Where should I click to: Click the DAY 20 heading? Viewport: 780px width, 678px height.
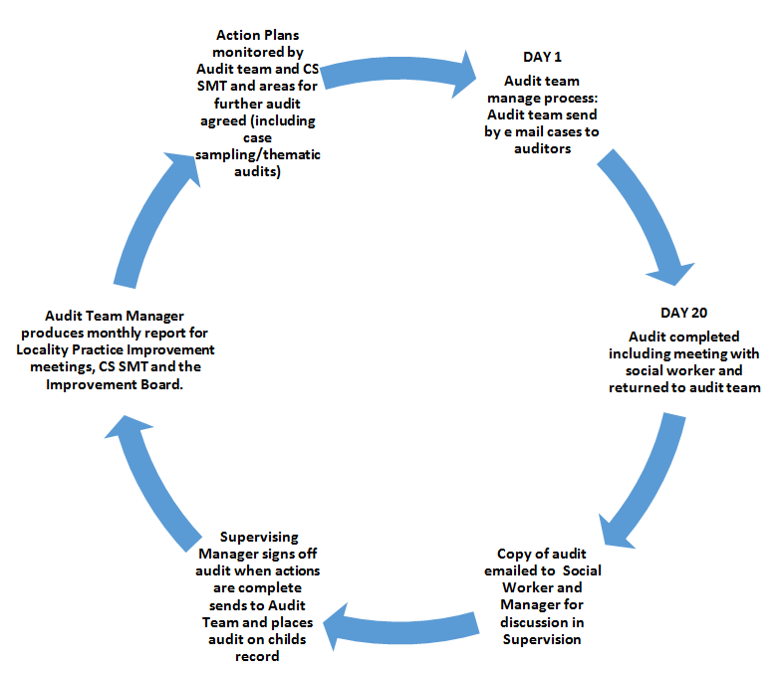(684, 313)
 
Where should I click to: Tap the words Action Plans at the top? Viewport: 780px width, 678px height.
(259, 36)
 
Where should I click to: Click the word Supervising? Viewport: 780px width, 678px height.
(258, 538)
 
